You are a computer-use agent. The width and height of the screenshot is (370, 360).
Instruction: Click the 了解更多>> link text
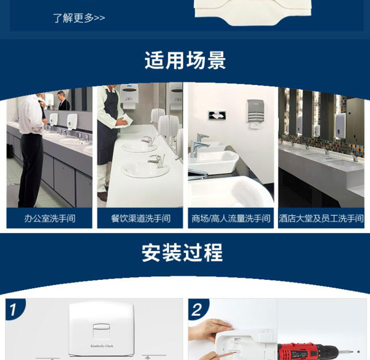coord(79,18)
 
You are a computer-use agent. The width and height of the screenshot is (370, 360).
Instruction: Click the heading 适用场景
coord(185,60)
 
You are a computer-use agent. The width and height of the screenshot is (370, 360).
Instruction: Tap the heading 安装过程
coord(183,252)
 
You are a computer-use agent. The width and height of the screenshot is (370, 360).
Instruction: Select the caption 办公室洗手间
coord(49,218)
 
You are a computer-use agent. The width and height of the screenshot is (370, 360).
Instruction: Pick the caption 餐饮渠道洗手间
coord(141,218)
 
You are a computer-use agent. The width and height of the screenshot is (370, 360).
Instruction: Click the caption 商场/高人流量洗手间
coord(231,218)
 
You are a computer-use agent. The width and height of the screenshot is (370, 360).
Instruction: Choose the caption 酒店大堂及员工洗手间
coord(321,218)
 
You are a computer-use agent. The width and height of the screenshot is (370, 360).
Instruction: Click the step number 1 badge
coord(13,310)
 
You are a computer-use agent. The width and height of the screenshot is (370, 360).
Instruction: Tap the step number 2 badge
coord(197,310)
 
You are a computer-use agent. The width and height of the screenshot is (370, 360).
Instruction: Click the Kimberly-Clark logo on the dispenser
coord(102,346)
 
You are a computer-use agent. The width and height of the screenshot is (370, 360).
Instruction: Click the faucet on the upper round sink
coord(147,141)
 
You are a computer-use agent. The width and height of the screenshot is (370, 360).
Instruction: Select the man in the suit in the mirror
coord(63,101)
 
